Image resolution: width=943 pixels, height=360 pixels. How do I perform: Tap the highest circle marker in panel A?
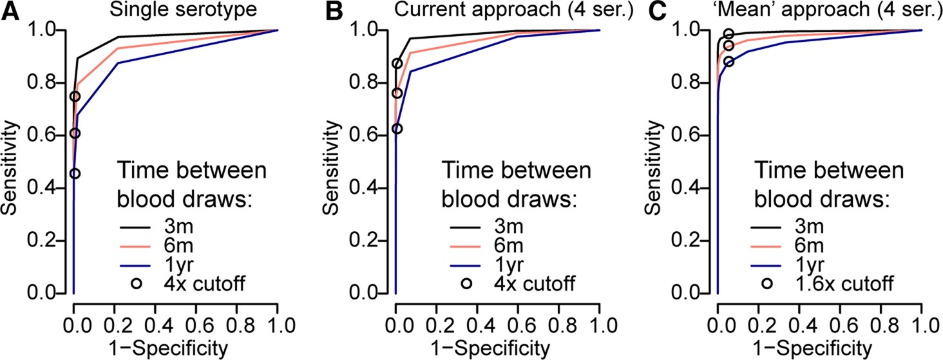[75, 97]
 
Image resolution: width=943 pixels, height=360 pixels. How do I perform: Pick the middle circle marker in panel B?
[397, 93]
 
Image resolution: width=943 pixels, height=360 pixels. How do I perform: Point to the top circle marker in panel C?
[729, 34]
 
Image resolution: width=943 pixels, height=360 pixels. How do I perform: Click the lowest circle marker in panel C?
[729, 62]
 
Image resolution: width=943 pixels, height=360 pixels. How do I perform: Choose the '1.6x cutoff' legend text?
[836, 283]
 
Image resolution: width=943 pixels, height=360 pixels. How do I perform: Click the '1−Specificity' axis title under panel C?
[819, 348]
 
